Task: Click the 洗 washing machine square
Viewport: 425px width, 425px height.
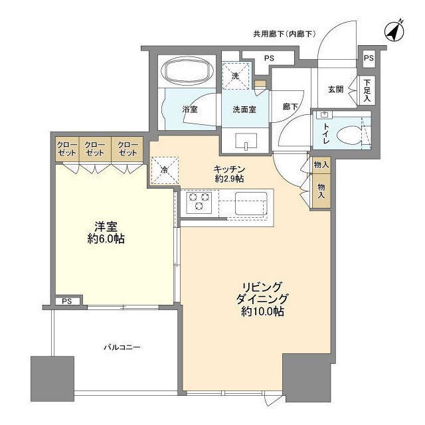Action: coord(236,74)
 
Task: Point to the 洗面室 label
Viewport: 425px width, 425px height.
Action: coord(244,109)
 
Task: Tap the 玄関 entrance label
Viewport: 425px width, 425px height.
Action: coord(336,90)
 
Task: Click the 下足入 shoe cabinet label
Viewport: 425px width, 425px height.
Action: coord(367,90)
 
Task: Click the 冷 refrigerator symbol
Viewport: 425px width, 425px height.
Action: coord(164,169)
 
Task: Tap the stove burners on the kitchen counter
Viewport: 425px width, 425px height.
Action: coord(199,203)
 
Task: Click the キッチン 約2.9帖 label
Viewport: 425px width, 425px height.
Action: coord(229,174)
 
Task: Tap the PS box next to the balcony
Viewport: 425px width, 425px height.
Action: coord(68,301)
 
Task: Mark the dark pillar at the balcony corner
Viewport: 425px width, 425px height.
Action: coord(52,378)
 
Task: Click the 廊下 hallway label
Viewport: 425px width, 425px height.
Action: coord(290,106)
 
